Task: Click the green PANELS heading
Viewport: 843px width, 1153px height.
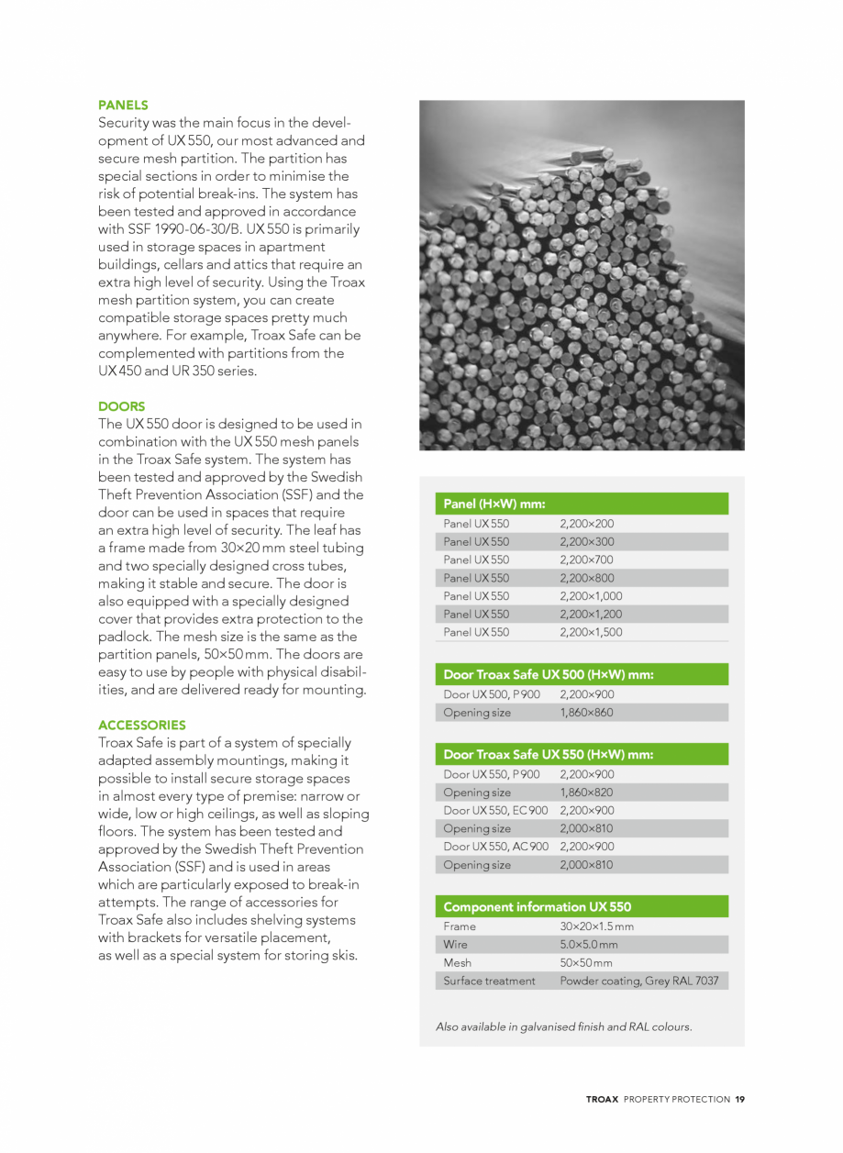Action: click(123, 105)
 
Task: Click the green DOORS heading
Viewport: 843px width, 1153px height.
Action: click(121, 406)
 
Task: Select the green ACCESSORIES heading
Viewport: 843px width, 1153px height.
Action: click(141, 725)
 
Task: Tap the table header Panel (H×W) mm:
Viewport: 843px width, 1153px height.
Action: click(494, 504)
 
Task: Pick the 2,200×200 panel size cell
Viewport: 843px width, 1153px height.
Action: click(587, 524)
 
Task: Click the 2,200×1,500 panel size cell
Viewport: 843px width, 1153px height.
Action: click(591, 632)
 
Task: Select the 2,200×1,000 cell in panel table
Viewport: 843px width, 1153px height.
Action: click(591, 596)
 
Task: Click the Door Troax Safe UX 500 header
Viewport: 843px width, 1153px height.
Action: click(548, 675)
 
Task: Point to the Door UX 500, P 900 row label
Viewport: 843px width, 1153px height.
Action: click(491, 694)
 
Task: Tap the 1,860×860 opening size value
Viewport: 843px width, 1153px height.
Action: click(587, 713)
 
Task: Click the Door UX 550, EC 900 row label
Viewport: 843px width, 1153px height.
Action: click(495, 811)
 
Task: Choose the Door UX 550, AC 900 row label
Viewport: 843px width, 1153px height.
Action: click(495, 847)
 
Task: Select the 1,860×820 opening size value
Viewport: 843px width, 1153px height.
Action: click(587, 793)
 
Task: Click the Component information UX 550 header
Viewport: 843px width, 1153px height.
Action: click(537, 907)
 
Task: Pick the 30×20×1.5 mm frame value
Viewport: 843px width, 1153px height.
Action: click(596, 926)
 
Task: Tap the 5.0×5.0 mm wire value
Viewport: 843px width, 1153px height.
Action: click(588, 945)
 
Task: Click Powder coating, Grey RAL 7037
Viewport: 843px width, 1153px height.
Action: click(638, 981)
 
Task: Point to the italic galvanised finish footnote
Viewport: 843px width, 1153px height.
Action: click(563, 1026)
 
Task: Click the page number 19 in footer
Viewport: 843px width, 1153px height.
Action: click(739, 1099)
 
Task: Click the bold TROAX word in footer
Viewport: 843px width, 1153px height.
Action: click(603, 1099)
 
